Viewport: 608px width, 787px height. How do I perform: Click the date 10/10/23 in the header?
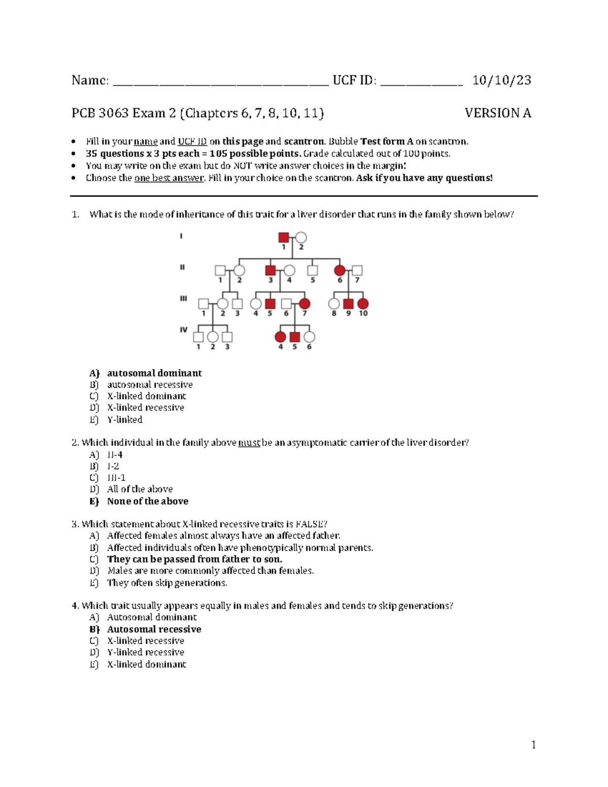(x=502, y=80)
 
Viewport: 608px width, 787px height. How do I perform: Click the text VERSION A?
(x=498, y=113)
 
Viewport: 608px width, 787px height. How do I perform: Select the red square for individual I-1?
(x=284, y=237)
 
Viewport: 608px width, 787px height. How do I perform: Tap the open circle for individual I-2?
(x=301, y=237)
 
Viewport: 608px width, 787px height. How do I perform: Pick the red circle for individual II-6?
(x=339, y=270)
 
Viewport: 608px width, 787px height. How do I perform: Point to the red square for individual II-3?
(x=270, y=270)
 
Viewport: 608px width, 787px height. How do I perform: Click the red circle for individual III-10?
(x=363, y=304)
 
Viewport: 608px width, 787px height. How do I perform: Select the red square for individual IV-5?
(x=294, y=337)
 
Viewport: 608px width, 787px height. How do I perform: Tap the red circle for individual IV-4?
(x=280, y=337)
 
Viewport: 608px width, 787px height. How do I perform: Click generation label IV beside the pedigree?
(x=183, y=330)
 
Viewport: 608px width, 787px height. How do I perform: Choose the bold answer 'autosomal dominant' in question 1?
(x=154, y=373)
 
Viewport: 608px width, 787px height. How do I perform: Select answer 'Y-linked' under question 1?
(x=125, y=420)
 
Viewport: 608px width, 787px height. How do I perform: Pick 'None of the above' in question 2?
(x=147, y=501)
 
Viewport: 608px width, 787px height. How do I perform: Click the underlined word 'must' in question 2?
(x=249, y=443)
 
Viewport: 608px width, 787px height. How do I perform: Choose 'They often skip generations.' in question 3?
(x=167, y=583)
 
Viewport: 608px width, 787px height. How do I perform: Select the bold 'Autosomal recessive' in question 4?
(x=154, y=629)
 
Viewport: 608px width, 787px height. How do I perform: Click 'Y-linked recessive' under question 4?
(x=145, y=652)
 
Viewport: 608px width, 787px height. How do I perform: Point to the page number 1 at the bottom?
(x=533, y=744)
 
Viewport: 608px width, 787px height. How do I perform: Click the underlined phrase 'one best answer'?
(x=169, y=178)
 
